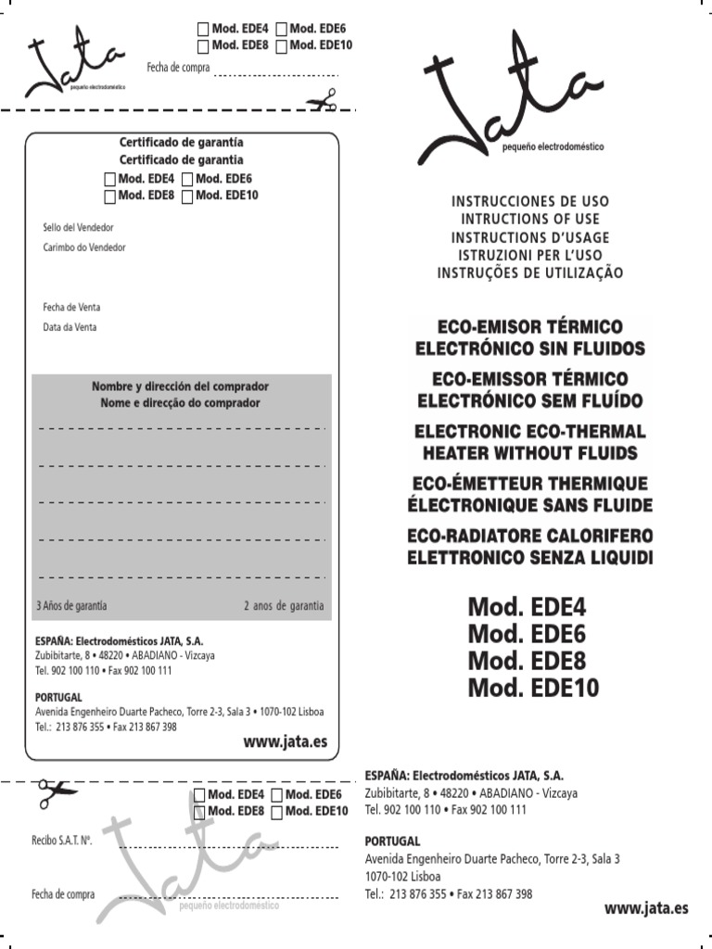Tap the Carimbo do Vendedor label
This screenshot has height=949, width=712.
click(83, 247)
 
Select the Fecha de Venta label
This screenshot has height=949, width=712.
click(71, 307)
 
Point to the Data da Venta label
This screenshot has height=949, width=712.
click(70, 327)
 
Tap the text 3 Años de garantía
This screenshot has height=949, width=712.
click(71, 606)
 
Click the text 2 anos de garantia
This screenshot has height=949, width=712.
click(284, 606)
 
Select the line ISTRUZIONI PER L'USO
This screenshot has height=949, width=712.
click(529, 255)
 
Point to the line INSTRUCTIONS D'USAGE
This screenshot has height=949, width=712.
click(529, 237)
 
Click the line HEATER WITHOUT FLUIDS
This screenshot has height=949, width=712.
click(529, 453)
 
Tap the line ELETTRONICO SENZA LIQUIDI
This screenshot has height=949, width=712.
click(529, 558)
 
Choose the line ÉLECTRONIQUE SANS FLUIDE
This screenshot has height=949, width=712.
click(529, 505)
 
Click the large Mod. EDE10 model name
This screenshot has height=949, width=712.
click(533, 689)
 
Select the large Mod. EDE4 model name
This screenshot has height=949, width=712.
click(527, 608)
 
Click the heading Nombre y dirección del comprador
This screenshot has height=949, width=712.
click(181, 386)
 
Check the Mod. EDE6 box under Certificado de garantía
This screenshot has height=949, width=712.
click(188, 179)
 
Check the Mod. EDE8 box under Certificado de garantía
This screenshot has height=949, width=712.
click(110, 196)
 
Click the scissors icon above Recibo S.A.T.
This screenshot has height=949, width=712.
click(56, 791)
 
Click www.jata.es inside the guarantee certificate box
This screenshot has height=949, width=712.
click(286, 742)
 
